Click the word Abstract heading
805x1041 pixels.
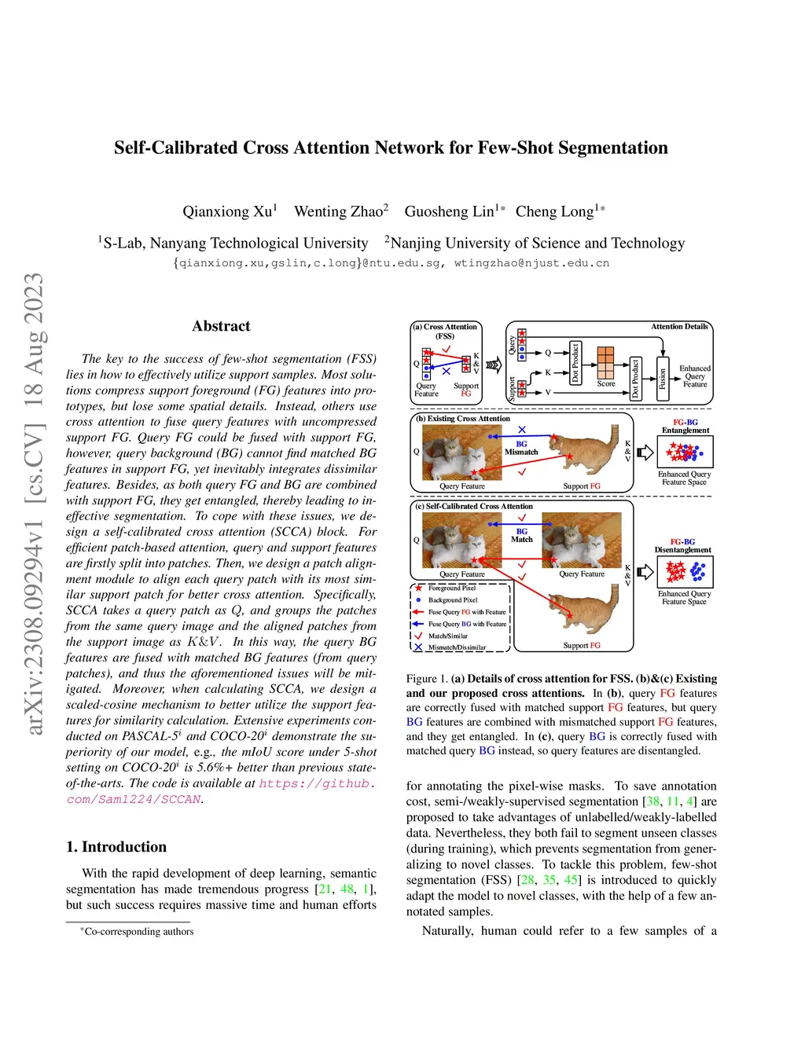click(x=221, y=326)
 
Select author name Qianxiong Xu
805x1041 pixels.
click(x=227, y=211)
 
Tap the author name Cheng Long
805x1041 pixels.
click(x=555, y=211)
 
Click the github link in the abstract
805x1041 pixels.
click(x=316, y=783)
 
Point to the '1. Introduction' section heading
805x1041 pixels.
click(x=116, y=847)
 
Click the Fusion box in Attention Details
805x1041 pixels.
click(x=663, y=378)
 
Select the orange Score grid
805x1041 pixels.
click(x=605, y=362)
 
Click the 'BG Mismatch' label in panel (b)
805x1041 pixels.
click(x=521, y=448)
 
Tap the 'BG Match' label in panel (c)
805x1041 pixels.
click(x=521, y=535)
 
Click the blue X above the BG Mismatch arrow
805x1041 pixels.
click(x=522, y=430)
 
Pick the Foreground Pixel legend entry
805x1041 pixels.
click(x=451, y=588)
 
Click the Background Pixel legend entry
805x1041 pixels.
click(x=452, y=600)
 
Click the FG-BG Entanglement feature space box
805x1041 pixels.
click(x=686, y=452)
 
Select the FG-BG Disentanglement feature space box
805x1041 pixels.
click(x=686, y=571)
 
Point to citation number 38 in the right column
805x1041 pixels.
click(x=652, y=801)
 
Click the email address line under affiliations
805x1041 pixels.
click(x=391, y=263)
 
